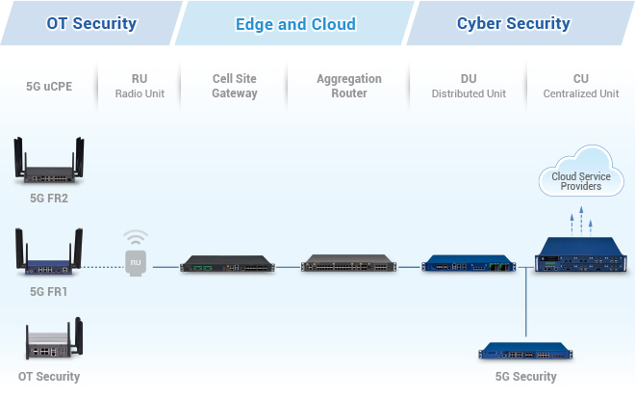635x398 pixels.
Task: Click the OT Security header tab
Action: pos(91,23)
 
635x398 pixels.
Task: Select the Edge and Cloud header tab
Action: pos(295,24)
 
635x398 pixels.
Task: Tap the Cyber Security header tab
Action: pos(513,23)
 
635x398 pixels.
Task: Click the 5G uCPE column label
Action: pos(49,86)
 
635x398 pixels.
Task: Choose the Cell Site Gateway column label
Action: pos(235,86)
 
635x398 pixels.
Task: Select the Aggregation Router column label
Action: pos(348,86)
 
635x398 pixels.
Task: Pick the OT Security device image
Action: pos(49,342)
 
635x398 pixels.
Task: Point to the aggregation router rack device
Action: pos(347,263)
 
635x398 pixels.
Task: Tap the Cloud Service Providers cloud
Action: pos(580,174)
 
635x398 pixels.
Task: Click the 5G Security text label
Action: pos(524,376)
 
